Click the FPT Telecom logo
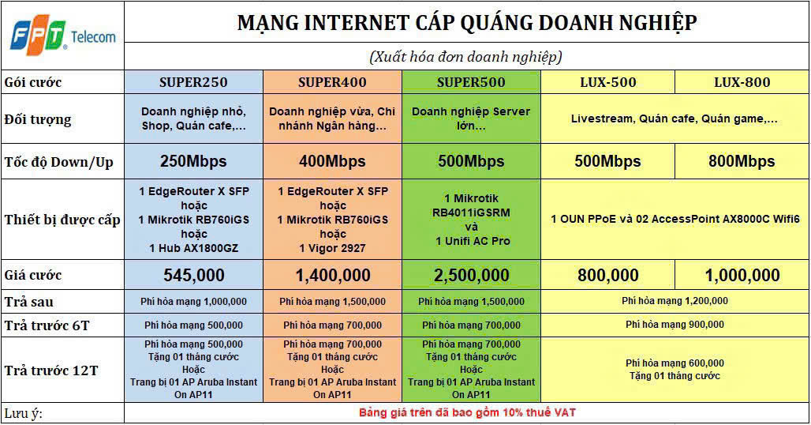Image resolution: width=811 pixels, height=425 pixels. click(62, 36)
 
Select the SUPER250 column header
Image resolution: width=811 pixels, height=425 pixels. click(193, 82)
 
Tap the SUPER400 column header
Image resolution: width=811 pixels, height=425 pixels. click(332, 82)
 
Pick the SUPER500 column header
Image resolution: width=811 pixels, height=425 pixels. click(471, 82)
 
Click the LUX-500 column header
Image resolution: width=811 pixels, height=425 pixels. click(607, 82)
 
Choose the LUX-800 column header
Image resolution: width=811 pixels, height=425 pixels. click(742, 82)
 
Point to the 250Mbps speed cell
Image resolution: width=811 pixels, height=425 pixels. click(193, 161)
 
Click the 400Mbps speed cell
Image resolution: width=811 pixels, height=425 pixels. click(332, 161)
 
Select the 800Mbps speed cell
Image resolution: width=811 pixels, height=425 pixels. click(742, 161)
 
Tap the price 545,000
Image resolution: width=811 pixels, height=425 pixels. click(194, 276)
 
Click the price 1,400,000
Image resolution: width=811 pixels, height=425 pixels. click(333, 276)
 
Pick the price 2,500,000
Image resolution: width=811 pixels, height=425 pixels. click(471, 276)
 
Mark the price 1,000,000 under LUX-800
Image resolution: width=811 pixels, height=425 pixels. click(742, 276)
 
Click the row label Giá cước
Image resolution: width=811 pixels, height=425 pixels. click(32, 276)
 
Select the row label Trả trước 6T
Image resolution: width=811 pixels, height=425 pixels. click(47, 325)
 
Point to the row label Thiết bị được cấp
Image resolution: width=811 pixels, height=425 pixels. click(62, 220)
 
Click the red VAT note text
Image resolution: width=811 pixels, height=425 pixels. click(467, 412)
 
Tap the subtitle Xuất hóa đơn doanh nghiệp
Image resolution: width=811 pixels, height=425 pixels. click(466, 56)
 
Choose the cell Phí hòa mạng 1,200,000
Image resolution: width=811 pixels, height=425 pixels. click(675, 301)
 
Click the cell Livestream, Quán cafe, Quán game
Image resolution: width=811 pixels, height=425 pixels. click(674, 118)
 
